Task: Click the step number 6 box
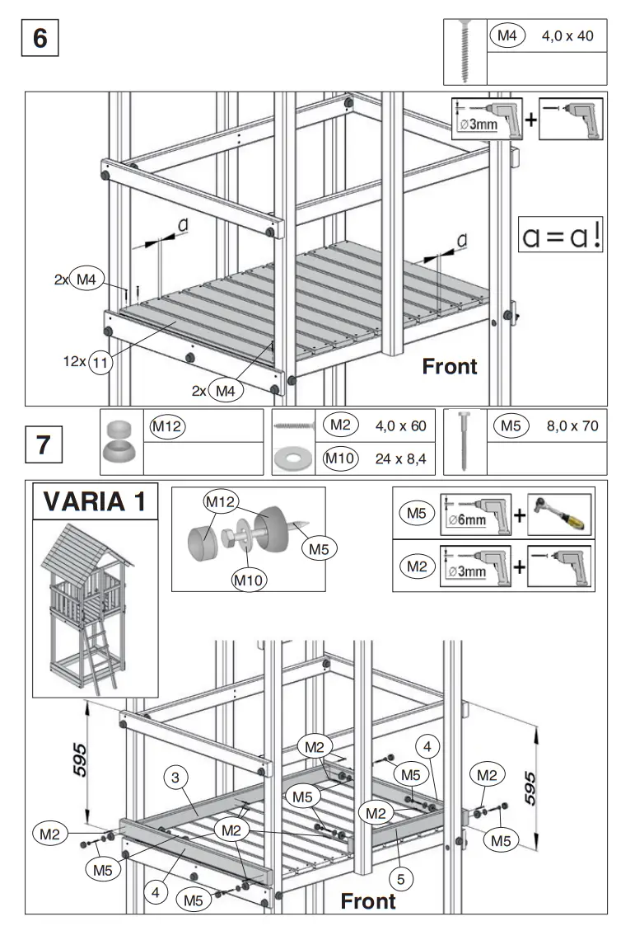pyautogui.click(x=40, y=39)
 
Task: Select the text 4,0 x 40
pyautogui.click(x=567, y=37)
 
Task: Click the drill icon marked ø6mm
pyautogui.click(x=475, y=514)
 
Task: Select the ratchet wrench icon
pyautogui.click(x=559, y=514)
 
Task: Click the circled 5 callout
pyautogui.click(x=400, y=879)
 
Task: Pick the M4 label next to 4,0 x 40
pyautogui.click(x=507, y=36)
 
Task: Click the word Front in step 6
pyautogui.click(x=449, y=366)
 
